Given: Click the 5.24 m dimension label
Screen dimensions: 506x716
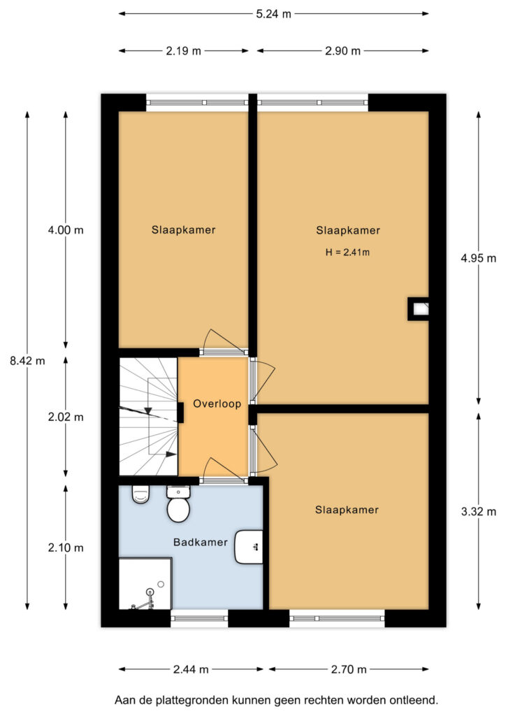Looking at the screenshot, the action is click(x=273, y=14).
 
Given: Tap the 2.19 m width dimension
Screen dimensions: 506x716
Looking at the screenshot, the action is click(x=183, y=50).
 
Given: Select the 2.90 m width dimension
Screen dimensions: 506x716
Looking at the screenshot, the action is click(x=342, y=50).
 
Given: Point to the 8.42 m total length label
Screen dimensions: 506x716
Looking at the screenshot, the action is click(x=27, y=361).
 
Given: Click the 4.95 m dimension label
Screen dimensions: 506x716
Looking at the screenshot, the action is click(x=478, y=259).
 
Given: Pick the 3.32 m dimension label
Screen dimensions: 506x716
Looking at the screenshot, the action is click(x=478, y=511).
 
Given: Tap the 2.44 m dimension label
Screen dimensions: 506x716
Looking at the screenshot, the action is click(x=191, y=669).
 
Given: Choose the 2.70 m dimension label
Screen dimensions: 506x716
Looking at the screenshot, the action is click(x=349, y=669).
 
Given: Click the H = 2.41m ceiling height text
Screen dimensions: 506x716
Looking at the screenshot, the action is click(x=347, y=252).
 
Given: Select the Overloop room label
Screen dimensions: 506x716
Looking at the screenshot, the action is click(x=217, y=403).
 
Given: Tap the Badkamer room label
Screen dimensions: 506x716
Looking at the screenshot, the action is click(x=201, y=542).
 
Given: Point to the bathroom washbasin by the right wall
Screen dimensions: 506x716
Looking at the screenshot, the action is click(x=249, y=547).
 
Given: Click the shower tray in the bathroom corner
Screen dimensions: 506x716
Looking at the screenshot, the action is click(x=145, y=584).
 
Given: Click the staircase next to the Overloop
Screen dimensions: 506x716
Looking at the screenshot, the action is click(x=148, y=417).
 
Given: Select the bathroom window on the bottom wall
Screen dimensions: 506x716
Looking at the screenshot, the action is click(x=199, y=618).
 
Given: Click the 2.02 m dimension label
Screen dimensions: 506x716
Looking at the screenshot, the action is click(x=66, y=417).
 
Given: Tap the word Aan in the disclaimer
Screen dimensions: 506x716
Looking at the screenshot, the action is click(x=124, y=700).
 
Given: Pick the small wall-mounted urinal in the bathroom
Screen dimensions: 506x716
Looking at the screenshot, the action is click(x=140, y=494).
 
